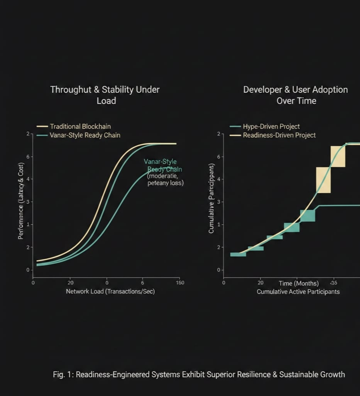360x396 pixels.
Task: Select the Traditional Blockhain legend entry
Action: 80,126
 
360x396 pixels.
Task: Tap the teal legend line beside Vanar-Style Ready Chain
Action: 42,135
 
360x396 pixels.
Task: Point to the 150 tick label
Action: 180,283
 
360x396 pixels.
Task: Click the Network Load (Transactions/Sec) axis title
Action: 110,291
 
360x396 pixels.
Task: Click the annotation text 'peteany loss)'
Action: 166,183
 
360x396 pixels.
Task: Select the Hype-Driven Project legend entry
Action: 271,126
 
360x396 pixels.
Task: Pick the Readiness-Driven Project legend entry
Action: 279,135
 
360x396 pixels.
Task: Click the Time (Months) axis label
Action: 299,283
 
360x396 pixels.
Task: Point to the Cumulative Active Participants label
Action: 298,292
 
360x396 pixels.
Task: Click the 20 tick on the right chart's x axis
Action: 261,283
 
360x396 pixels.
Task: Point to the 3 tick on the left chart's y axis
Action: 27,202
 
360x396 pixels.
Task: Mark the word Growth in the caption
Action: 334,374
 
